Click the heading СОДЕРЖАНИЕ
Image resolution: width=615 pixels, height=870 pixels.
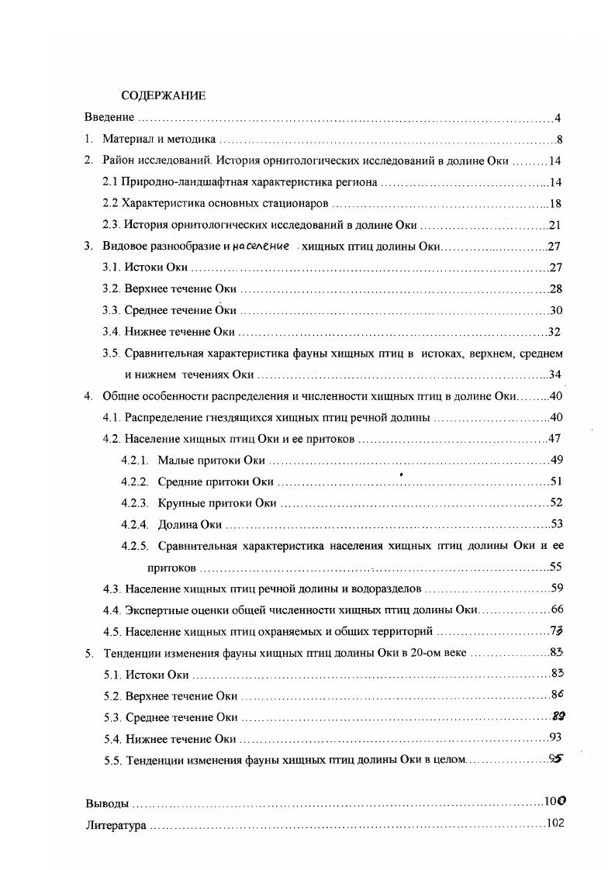pyautogui.click(x=163, y=96)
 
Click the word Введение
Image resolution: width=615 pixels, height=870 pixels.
pyautogui.click(x=109, y=118)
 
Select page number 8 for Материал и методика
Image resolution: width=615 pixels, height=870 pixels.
pyautogui.click(x=558, y=140)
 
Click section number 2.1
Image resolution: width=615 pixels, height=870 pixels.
pyautogui.click(x=110, y=183)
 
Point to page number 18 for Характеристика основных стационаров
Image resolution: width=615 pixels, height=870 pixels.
pyautogui.click(x=555, y=204)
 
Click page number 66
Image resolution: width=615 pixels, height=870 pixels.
pyautogui.click(x=555, y=610)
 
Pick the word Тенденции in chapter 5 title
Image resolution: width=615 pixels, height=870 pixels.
pyautogui.click(x=133, y=653)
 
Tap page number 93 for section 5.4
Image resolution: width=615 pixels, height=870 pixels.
pyautogui.click(x=555, y=737)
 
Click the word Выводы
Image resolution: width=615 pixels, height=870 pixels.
pyautogui.click(x=107, y=804)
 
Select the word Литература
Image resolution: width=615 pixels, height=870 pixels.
pyautogui.click(x=115, y=826)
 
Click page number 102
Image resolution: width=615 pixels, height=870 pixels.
pyautogui.click(x=555, y=823)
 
